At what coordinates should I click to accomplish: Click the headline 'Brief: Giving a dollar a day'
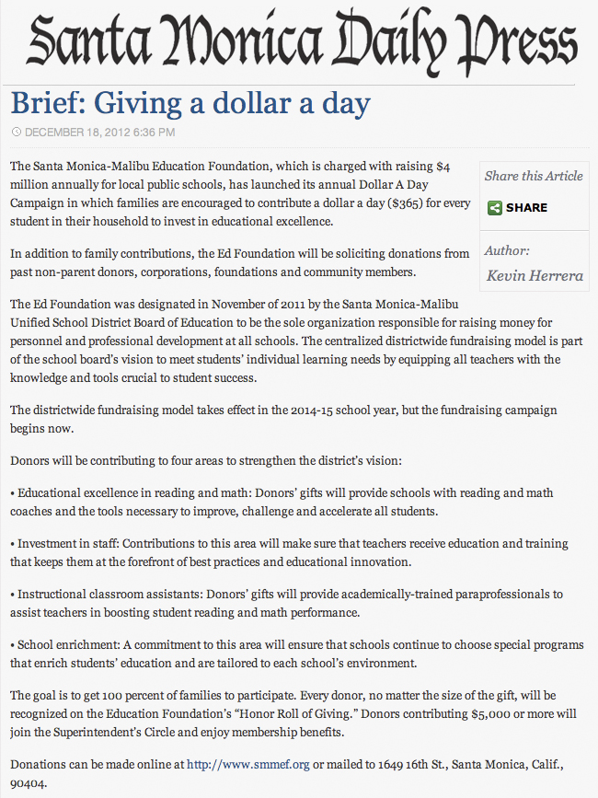[190, 102]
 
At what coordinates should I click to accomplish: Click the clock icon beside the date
[16, 133]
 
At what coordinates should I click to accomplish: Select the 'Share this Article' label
[534, 176]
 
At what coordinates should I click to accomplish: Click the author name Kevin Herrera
[534, 275]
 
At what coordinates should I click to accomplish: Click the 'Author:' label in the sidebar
[508, 250]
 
